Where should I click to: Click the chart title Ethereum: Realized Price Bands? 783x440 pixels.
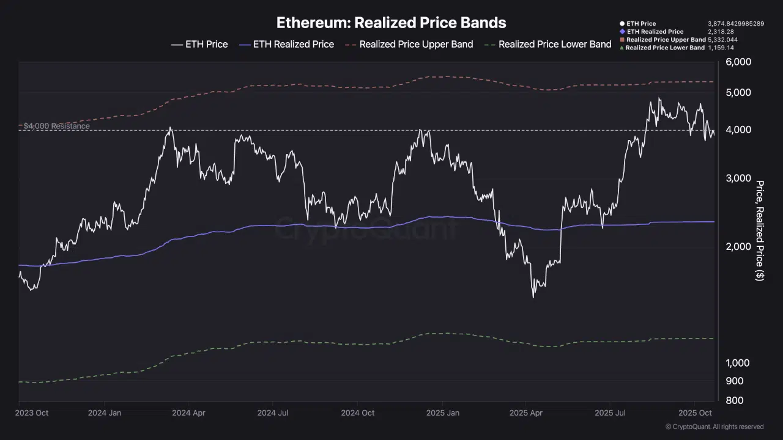click(x=391, y=23)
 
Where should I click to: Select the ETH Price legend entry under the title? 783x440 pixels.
click(x=199, y=44)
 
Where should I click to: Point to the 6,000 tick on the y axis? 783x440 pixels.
click(x=738, y=62)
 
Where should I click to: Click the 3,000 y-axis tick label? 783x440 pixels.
click(x=738, y=178)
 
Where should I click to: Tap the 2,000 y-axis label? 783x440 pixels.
click(x=738, y=247)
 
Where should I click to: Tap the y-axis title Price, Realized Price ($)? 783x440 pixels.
click(x=760, y=230)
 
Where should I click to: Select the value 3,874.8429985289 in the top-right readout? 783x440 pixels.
click(x=736, y=24)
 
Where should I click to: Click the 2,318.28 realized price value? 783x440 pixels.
click(x=721, y=32)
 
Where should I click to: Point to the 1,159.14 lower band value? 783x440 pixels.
click(x=721, y=48)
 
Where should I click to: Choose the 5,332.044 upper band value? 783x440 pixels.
click(x=722, y=40)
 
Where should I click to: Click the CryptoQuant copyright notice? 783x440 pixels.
click(x=714, y=427)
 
